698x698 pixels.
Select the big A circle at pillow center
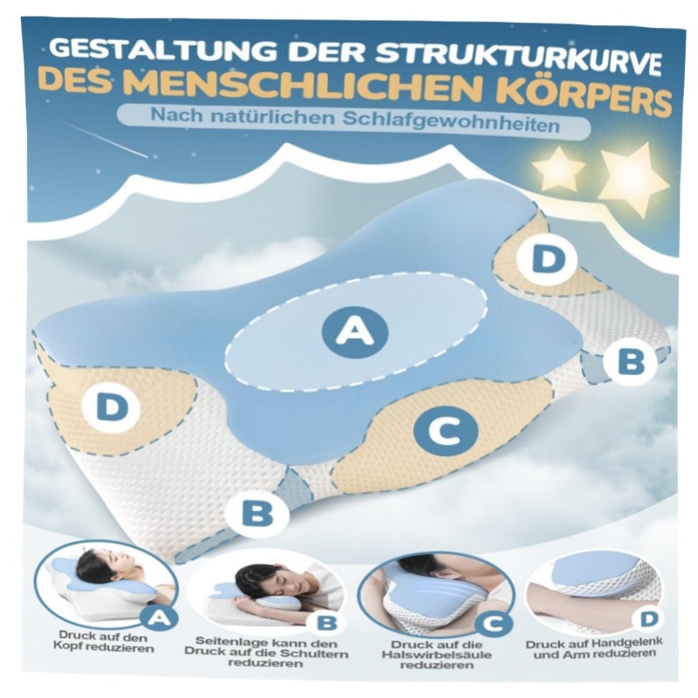click(354, 332)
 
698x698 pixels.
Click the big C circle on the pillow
click(446, 431)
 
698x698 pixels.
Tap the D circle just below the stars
click(548, 259)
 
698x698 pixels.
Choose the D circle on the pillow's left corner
click(112, 407)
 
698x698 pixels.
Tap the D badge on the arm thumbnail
click(650, 619)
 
